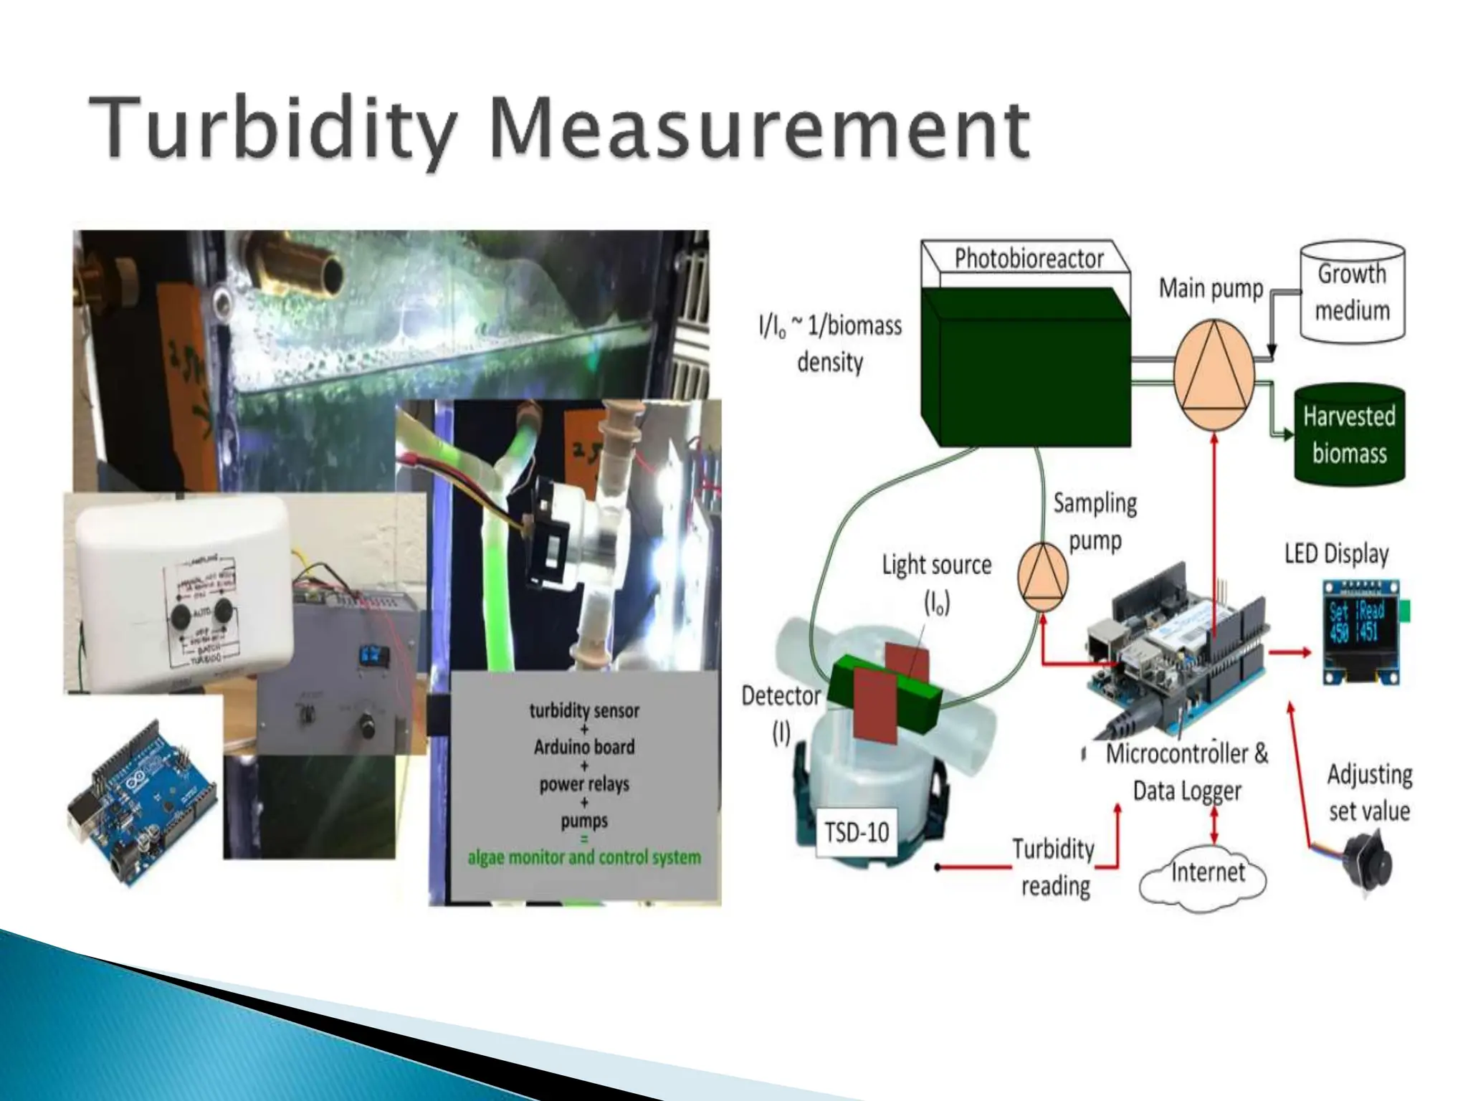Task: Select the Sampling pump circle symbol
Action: [1043, 577]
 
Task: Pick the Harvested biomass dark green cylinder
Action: [1349, 434]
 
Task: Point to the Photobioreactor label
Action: [1029, 259]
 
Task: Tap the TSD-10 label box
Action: [856, 833]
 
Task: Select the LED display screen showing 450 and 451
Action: [1360, 633]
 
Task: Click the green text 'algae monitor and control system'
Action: [584, 858]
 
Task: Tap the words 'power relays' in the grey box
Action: [584, 784]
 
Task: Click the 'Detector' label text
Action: [781, 696]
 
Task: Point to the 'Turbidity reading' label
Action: [1054, 867]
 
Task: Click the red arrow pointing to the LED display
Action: [1290, 652]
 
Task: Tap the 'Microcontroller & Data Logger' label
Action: [1187, 772]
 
